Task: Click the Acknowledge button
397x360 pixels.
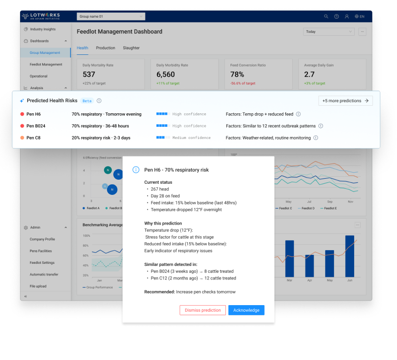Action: tap(246, 310)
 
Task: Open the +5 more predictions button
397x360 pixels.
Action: tap(345, 101)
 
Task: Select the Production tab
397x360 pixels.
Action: tap(106, 48)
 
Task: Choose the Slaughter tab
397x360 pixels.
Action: tap(131, 48)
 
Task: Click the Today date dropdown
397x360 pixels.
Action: tap(329, 32)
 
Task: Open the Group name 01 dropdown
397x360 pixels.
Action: tap(111, 17)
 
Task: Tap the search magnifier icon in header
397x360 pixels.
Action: tap(326, 17)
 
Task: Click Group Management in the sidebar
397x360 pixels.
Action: tap(45, 53)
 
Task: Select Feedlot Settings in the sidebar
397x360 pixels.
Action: tap(42, 263)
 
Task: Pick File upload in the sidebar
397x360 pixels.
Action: tap(38, 286)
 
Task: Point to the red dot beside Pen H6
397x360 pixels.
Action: tap(22, 114)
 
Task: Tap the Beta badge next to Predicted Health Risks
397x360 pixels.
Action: tap(87, 101)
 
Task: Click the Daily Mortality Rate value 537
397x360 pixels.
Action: tap(89, 75)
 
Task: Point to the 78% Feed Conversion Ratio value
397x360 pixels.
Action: tap(237, 75)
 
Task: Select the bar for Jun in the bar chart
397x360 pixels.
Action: tap(350, 257)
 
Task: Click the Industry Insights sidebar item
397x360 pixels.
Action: tap(43, 29)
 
